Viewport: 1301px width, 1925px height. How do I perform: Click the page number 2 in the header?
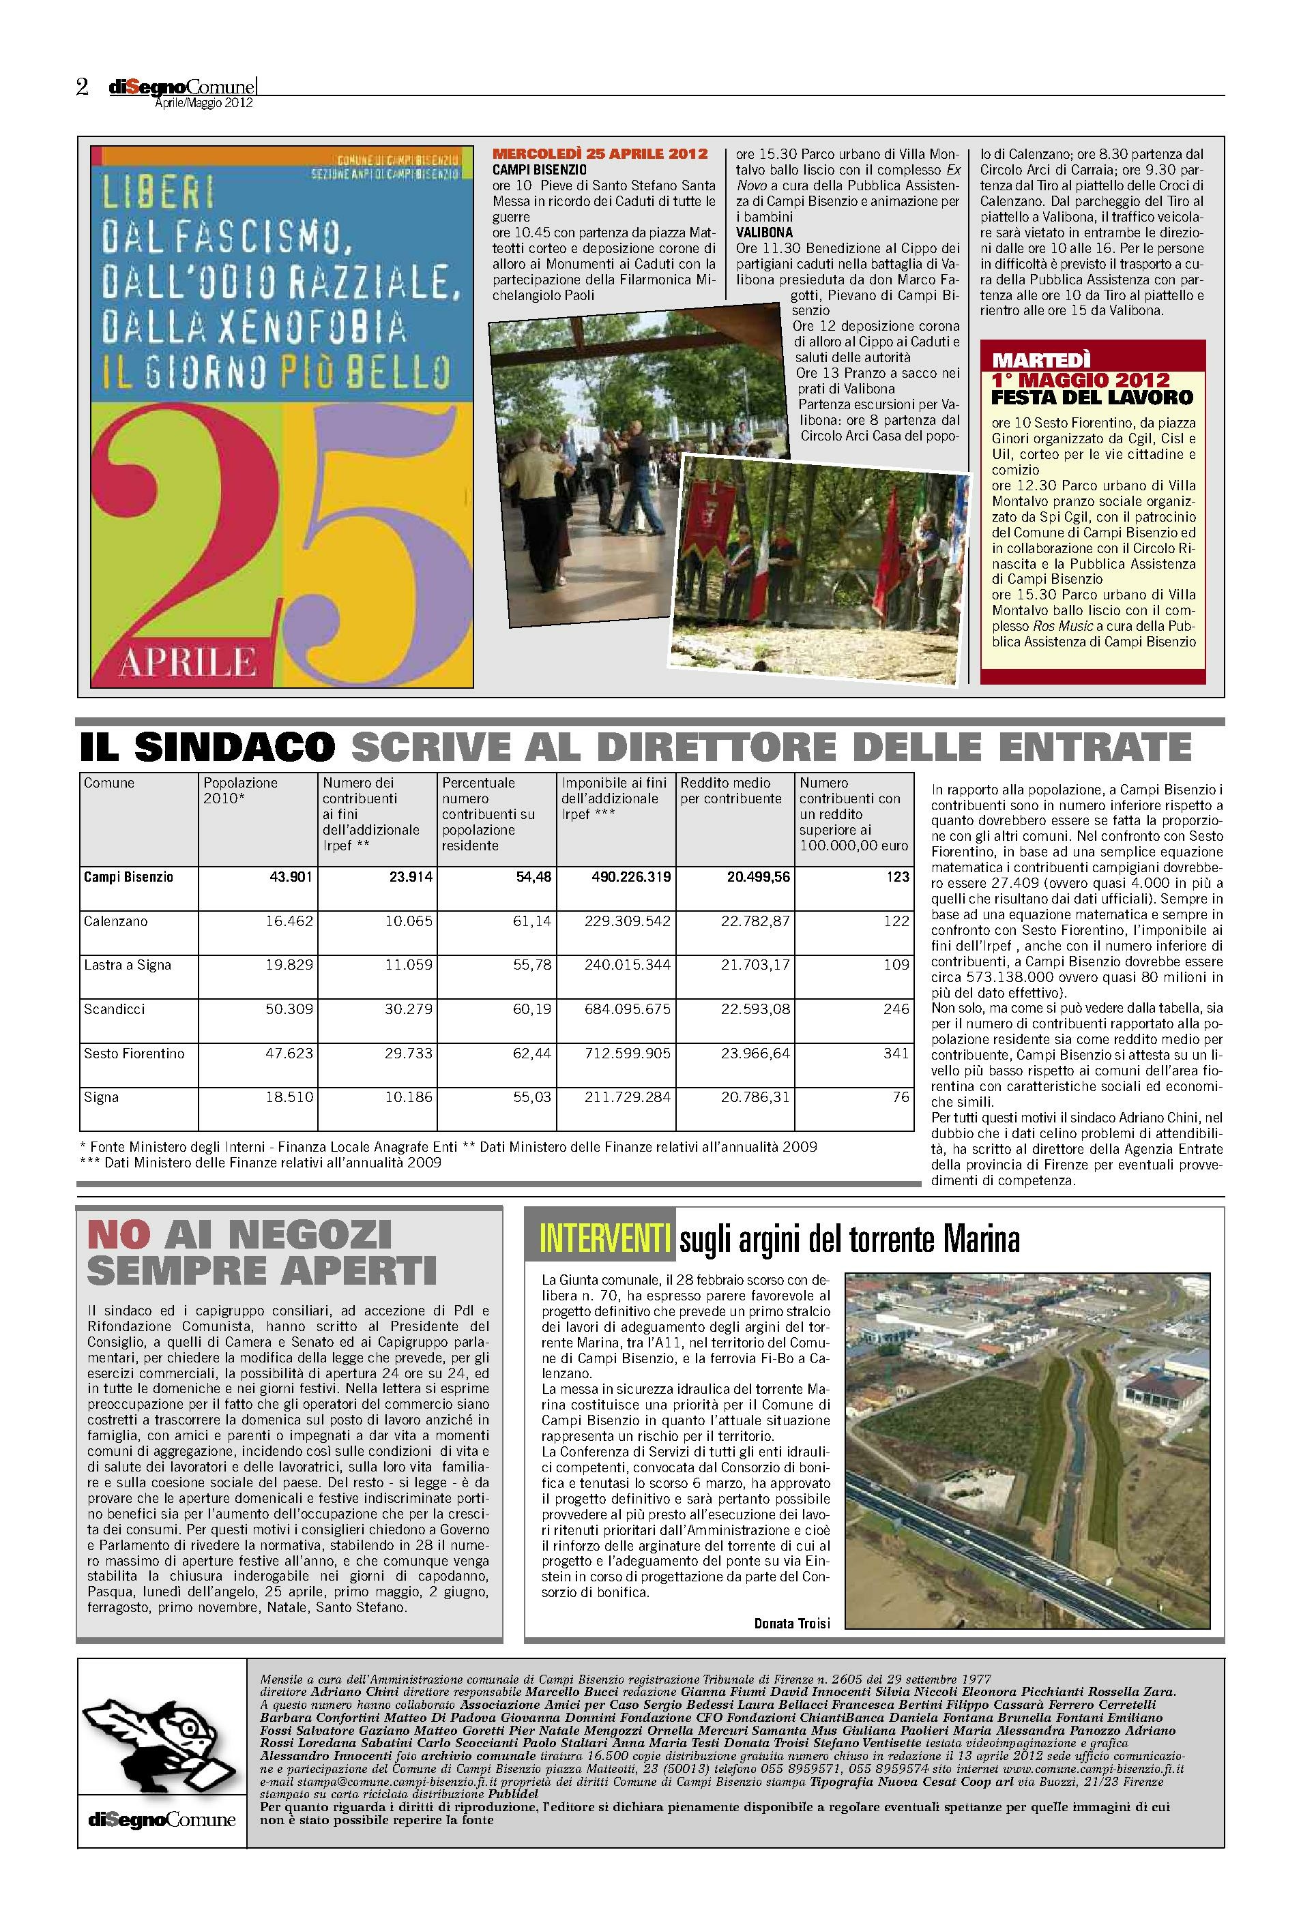(x=82, y=87)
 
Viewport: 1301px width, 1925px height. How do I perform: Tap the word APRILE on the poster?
(x=188, y=661)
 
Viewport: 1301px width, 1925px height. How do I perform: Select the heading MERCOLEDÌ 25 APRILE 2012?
(x=600, y=153)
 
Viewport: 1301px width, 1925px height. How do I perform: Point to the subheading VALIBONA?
(x=764, y=233)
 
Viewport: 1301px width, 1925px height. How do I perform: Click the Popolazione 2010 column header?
(x=240, y=790)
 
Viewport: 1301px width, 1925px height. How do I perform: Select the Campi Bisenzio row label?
(x=128, y=876)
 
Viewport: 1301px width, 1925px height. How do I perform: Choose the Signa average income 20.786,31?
(x=755, y=1096)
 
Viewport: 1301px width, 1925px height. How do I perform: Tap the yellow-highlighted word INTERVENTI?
(x=604, y=1239)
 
